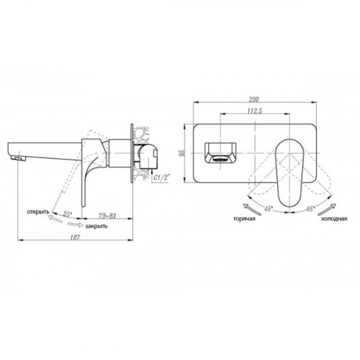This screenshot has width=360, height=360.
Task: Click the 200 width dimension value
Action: [254, 99]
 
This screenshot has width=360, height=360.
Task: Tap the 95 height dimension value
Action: [182, 153]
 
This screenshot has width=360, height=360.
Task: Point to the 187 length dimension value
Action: [75, 237]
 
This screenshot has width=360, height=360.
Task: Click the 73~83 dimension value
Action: [107, 216]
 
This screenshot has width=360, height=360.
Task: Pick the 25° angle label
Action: [68, 214]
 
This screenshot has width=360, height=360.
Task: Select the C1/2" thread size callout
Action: [162, 178]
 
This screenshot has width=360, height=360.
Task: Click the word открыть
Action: [38, 212]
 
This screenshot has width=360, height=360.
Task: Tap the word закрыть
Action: [96, 226]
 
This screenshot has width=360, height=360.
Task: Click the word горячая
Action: [244, 219]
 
